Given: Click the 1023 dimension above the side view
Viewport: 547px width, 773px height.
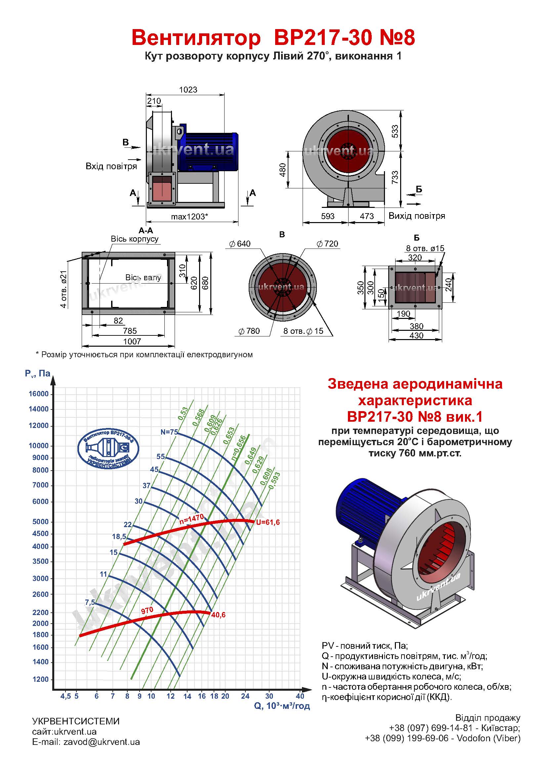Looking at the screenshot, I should [x=188, y=90].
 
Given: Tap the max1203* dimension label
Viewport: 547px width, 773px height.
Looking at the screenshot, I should [x=189, y=216].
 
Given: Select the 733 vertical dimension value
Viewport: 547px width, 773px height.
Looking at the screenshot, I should [x=395, y=177].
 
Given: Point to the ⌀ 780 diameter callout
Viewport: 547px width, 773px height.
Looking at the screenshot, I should [x=249, y=331].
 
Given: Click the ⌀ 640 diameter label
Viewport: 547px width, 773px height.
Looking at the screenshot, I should [x=240, y=244].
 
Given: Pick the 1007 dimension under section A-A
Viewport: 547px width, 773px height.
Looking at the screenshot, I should [x=132, y=341].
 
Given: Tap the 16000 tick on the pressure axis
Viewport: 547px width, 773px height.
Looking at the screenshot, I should [x=39, y=394].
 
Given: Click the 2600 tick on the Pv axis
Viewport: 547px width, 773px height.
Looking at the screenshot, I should [x=41, y=594].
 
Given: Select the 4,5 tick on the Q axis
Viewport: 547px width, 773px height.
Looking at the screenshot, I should [x=66, y=696].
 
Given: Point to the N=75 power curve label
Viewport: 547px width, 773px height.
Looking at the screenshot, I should [x=169, y=432].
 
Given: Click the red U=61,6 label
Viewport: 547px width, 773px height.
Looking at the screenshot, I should [x=268, y=522].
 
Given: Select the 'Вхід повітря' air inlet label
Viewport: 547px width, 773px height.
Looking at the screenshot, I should [x=111, y=166].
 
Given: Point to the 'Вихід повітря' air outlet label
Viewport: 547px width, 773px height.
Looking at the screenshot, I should [x=417, y=216].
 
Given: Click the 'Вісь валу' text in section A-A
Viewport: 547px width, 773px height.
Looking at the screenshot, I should [x=143, y=277].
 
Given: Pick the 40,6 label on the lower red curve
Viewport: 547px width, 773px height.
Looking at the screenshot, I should [x=218, y=615].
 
